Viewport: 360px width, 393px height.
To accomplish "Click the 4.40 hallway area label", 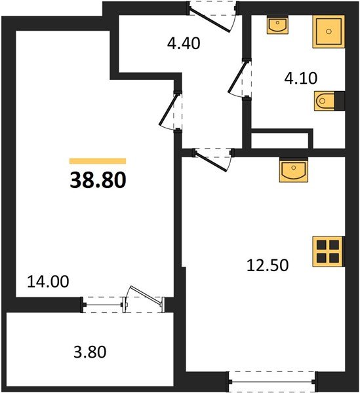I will tap(184, 45).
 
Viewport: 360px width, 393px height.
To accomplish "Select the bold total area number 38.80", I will tap(97, 179).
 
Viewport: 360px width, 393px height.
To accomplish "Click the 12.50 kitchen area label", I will tap(268, 265).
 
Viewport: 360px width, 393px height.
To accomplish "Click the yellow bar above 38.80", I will tap(97, 160).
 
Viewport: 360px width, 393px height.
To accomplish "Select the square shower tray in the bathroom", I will tap(328, 31).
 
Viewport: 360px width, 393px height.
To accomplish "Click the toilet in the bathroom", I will tap(327, 102).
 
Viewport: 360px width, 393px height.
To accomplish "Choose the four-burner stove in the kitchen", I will tap(327, 251).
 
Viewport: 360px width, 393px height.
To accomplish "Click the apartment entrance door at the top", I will tap(213, 14).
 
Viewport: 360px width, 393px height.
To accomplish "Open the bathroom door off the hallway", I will tap(240, 81).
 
